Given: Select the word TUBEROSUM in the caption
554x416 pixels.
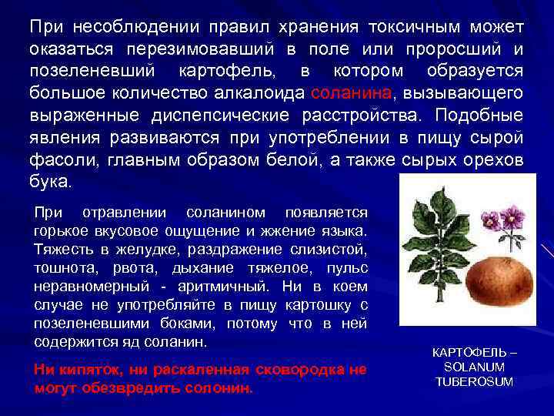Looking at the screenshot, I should (474, 382).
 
